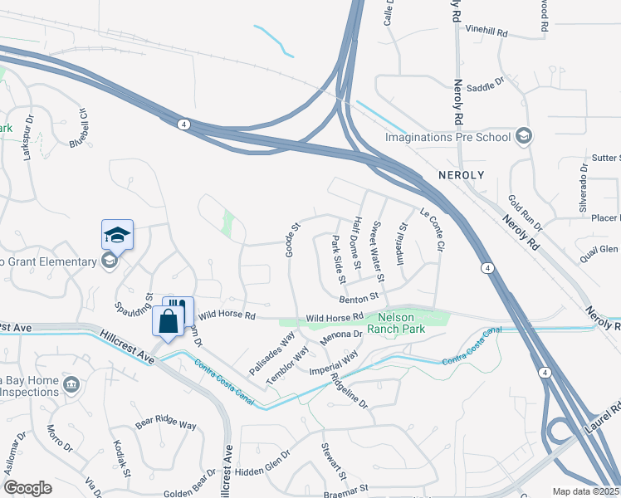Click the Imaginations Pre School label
(447, 136)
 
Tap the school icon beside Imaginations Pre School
(523, 135)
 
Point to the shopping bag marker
(168, 321)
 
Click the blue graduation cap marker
(117, 235)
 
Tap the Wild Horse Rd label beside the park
(335, 317)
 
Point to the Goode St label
(291, 239)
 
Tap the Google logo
(28, 488)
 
